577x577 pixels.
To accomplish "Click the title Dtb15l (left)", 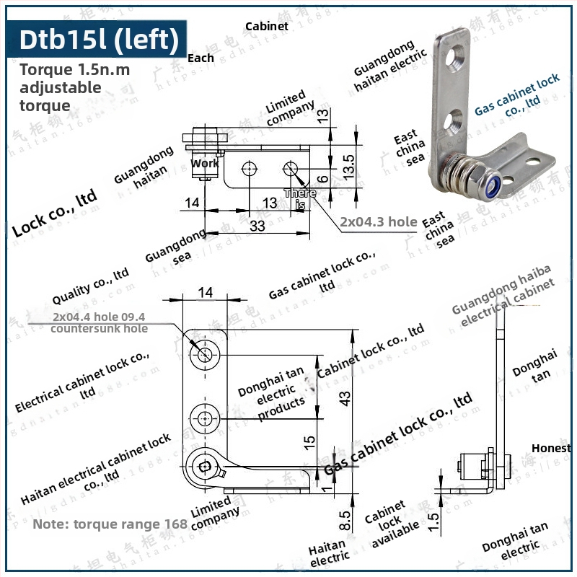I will (99, 39).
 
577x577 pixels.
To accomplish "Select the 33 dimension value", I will (257, 226).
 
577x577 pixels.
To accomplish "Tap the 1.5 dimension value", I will (433, 522).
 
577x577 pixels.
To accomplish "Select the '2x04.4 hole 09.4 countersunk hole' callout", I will (100, 322).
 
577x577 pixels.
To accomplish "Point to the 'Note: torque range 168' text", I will (110, 524).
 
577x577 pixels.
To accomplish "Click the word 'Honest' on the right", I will (552, 448).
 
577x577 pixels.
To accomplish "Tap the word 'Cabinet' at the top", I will (267, 26).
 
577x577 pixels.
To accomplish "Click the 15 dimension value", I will (308, 440).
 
